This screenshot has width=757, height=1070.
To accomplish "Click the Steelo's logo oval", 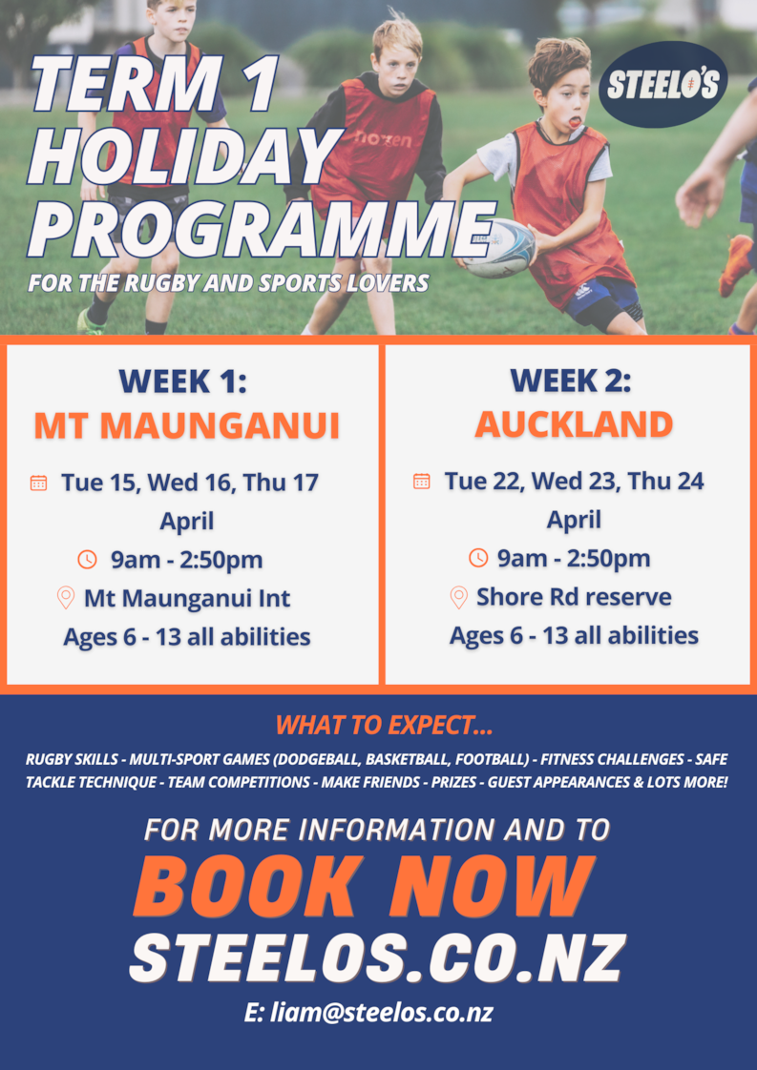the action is click(x=662, y=85).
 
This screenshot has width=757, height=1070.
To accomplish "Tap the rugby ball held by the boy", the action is click(x=499, y=248).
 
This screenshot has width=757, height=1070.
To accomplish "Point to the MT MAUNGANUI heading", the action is click(x=187, y=425).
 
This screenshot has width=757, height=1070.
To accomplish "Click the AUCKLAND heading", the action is click(x=574, y=424).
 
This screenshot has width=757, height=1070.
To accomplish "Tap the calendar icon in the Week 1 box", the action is click(x=39, y=484).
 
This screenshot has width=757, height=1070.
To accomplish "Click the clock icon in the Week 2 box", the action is click(x=478, y=558).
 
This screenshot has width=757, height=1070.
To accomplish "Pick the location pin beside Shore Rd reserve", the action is click(x=458, y=597).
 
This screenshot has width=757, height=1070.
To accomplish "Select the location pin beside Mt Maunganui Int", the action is click(x=66, y=599).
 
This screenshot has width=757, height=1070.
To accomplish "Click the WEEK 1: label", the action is click(x=182, y=381).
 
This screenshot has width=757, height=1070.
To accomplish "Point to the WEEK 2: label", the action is click(x=571, y=381).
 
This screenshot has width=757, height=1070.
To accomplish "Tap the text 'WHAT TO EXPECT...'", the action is click(x=384, y=725).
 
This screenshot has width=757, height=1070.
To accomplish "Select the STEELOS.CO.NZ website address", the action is click(x=377, y=958).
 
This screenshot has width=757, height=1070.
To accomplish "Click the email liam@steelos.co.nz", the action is click(x=368, y=1013).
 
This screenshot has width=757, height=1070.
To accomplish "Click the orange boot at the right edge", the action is click(x=736, y=265).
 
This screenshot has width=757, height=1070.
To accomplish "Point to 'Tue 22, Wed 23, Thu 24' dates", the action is click(x=574, y=481).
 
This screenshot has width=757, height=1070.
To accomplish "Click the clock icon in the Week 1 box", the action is click(x=88, y=560).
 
